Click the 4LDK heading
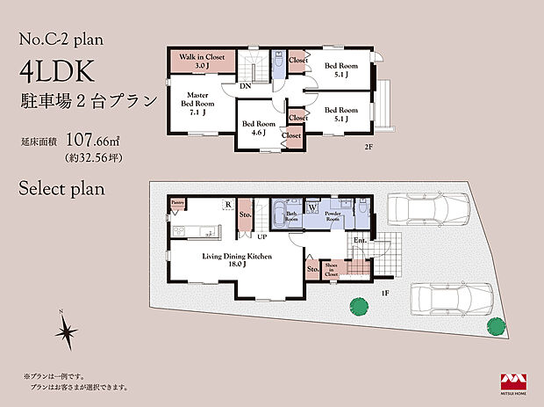(x=60, y=74)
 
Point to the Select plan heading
(x=61, y=187)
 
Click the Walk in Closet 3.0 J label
(x=202, y=61)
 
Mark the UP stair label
(x=261, y=236)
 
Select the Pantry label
(x=178, y=203)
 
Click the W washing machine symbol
(x=311, y=209)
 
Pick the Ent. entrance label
(x=360, y=240)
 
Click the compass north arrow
(x=65, y=332)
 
